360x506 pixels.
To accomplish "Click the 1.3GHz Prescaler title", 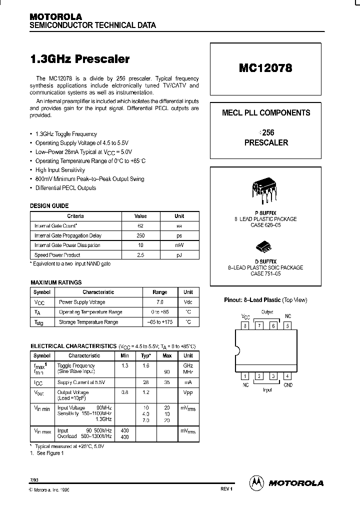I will [x=80, y=59].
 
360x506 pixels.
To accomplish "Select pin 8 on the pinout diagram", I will [x=245, y=326].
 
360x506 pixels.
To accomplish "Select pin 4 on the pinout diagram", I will [x=287, y=376].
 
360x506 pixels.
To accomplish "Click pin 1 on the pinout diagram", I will [x=245, y=376].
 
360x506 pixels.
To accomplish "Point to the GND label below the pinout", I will [x=288, y=385].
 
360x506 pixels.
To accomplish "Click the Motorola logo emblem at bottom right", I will [x=256, y=483].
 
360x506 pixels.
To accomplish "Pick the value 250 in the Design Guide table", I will [x=140, y=235].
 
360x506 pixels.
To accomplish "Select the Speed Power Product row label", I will [x=57, y=255].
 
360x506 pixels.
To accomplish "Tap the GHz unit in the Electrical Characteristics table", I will [x=188, y=366].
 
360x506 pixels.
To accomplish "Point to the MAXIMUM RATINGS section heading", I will [x=56, y=282].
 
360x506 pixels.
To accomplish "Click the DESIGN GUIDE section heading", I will [x=49, y=205].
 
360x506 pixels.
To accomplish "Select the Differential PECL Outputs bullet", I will [x=65, y=188].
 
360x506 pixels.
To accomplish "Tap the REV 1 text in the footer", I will [x=226, y=489].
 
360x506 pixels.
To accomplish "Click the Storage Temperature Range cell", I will [x=88, y=322].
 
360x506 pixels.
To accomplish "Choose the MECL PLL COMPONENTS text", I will [x=266, y=113].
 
